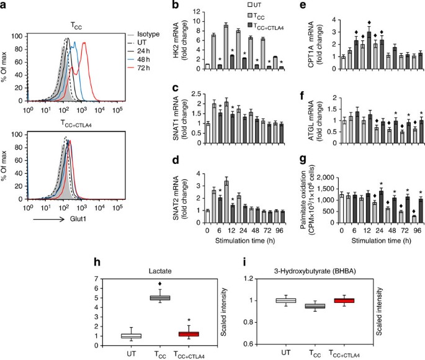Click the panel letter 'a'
tap(6, 6)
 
